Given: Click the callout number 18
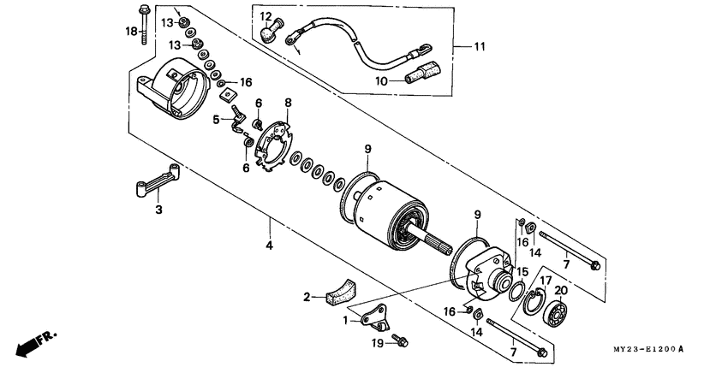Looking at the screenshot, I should point(131,31).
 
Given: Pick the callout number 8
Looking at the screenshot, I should point(288,102).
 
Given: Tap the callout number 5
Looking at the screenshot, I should point(217,119).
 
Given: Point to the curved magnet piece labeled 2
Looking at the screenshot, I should point(342,290).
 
